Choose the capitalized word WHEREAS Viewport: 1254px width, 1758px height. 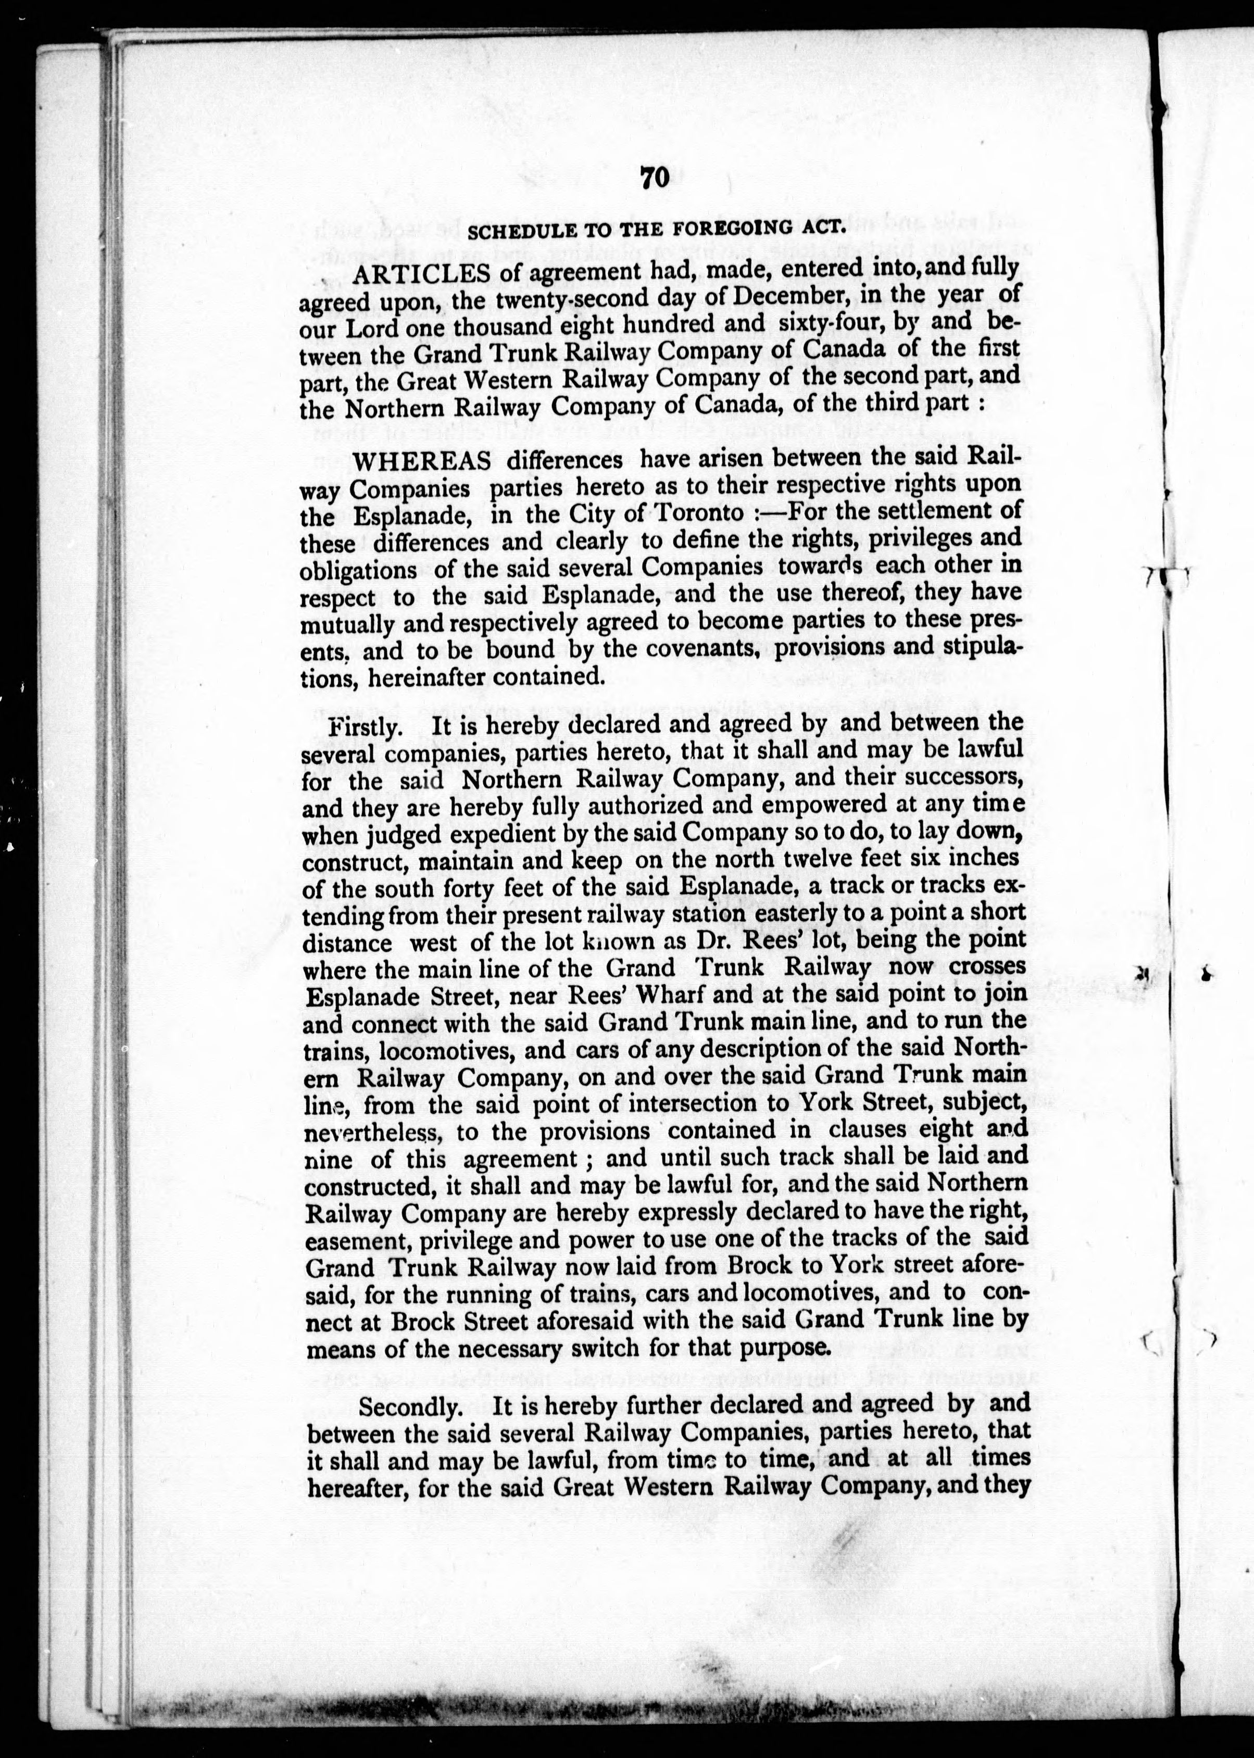(422, 460)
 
